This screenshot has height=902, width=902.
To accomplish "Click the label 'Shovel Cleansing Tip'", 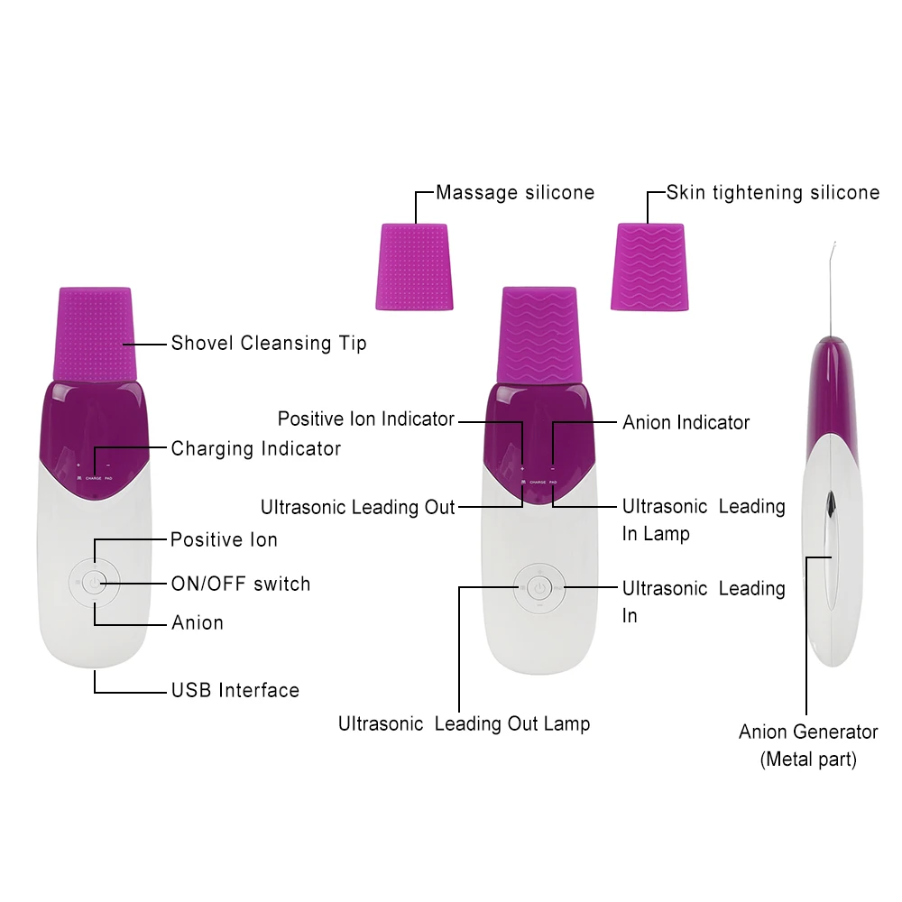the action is click(269, 344).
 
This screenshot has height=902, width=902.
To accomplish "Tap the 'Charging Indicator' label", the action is click(256, 448).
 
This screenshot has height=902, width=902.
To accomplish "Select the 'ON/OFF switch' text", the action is click(241, 584).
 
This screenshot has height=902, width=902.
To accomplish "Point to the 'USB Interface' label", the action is click(235, 691).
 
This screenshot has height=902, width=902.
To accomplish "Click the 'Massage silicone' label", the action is click(515, 192).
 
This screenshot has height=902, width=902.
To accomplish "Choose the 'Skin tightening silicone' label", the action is click(773, 192).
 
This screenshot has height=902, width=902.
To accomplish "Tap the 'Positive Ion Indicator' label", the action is click(366, 419).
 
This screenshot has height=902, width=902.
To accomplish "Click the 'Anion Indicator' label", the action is click(686, 422).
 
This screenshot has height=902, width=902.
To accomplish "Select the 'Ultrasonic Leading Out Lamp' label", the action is click(465, 723).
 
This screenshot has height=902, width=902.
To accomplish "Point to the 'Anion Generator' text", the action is click(808, 732).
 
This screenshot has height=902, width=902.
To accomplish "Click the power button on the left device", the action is click(94, 582).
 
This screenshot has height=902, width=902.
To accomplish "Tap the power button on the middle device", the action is click(538, 589).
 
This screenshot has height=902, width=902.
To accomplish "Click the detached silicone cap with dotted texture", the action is click(415, 267).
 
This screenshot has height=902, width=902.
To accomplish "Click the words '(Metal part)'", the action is click(808, 759).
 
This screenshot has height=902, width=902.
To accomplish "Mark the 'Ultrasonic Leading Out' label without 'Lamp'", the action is click(358, 507).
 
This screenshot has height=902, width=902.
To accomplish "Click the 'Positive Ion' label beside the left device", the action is click(224, 539).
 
